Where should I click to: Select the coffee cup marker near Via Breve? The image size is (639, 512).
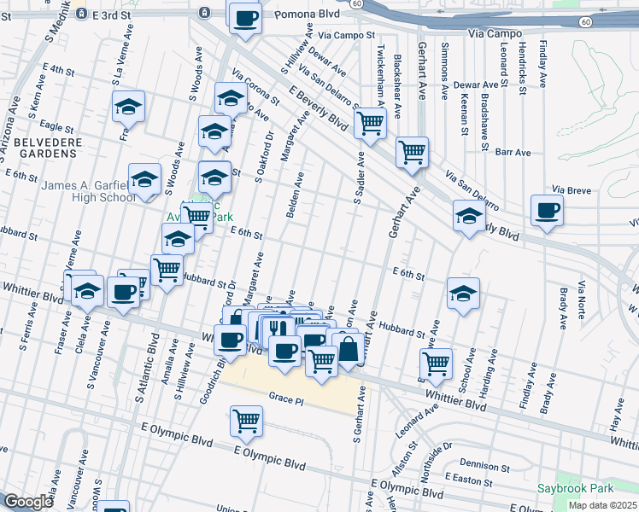(x=547, y=211)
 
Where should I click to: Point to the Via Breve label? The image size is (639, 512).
(x=572, y=189)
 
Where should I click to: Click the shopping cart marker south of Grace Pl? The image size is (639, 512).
(x=246, y=421)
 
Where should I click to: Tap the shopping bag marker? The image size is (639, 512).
(x=348, y=348)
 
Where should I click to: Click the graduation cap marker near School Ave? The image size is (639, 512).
(x=463, y=294)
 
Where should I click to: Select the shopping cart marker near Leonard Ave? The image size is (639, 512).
(x=437, y=364)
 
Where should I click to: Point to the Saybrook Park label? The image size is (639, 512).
(x=576, y=489)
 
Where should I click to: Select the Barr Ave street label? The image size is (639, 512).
(x=513, y=152)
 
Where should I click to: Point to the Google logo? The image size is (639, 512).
(x=28, y=502)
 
